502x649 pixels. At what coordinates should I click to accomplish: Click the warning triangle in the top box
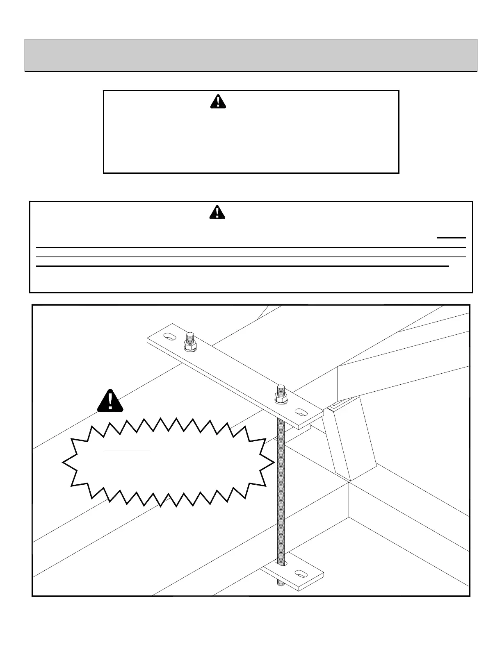pyautogui.click(x=218, y=101)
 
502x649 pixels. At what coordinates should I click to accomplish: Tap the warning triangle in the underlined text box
pyautogui.click(x=217, y=212)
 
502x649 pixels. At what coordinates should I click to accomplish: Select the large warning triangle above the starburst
pyautogui.click(x=110, y=400)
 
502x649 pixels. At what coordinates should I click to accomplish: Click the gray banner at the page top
pyautogui.click(x=251, y=55)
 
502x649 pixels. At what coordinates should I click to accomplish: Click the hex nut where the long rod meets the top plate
pyautogui.click(x=281, y=398)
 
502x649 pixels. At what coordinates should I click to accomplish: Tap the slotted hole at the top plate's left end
pyautogui.click(x=169, y=337)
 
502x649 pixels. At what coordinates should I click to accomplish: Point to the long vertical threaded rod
pyautogui.click(x=281, y=492)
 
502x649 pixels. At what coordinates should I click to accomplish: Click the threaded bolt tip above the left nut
pyautogui.click(x=190, y=338)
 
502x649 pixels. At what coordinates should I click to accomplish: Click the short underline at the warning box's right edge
pyautogui.click(x=451, y=238)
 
